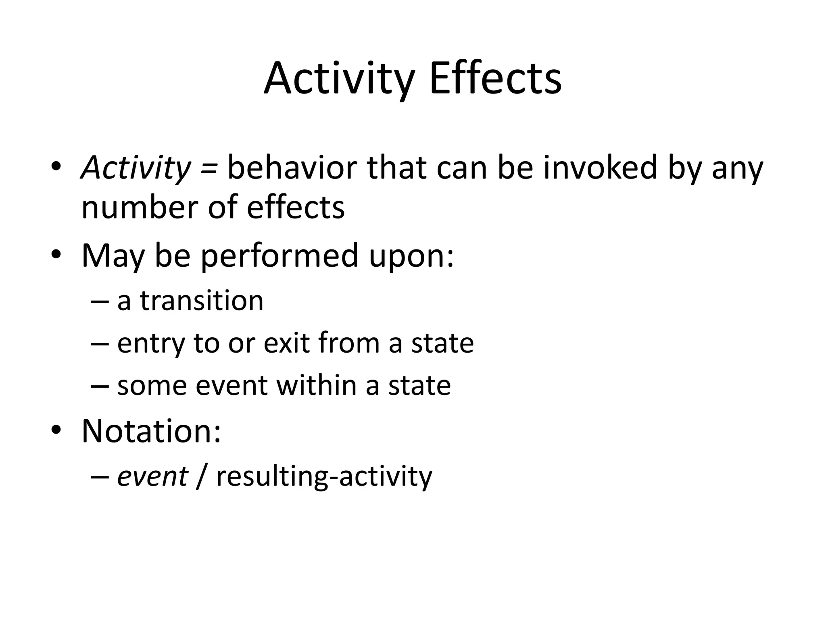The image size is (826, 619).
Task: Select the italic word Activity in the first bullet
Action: [136, 168]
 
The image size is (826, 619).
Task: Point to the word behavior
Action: [292, 168]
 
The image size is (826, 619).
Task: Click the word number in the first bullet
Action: [140, 207]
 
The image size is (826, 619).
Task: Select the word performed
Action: [280, 255]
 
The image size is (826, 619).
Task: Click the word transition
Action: [202, 301]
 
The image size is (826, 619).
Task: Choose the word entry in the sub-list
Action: [152, 343]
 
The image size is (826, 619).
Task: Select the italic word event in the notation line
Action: [152, 476]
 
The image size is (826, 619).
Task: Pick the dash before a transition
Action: [100, 301]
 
